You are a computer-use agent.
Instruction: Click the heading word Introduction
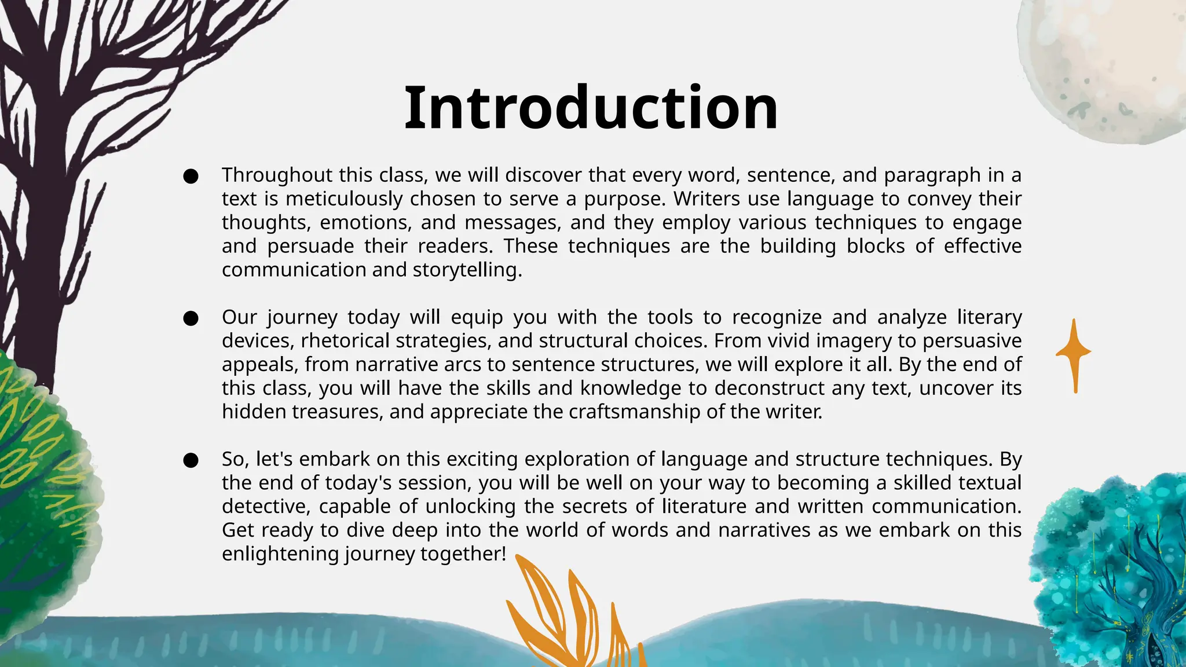tap(591, 108)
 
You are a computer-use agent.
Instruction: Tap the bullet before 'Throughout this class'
tap(191, 176)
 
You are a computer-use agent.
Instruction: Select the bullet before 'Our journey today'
tap(191, 318)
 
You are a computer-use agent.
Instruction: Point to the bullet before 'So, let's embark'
tap(191, 460)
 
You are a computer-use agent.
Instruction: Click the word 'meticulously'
tap(344, 199)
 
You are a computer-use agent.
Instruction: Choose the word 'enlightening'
tap(280, 554)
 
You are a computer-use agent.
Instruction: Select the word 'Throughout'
tap(277, 175)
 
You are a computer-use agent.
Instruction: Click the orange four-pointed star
tap(1074, 353)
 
